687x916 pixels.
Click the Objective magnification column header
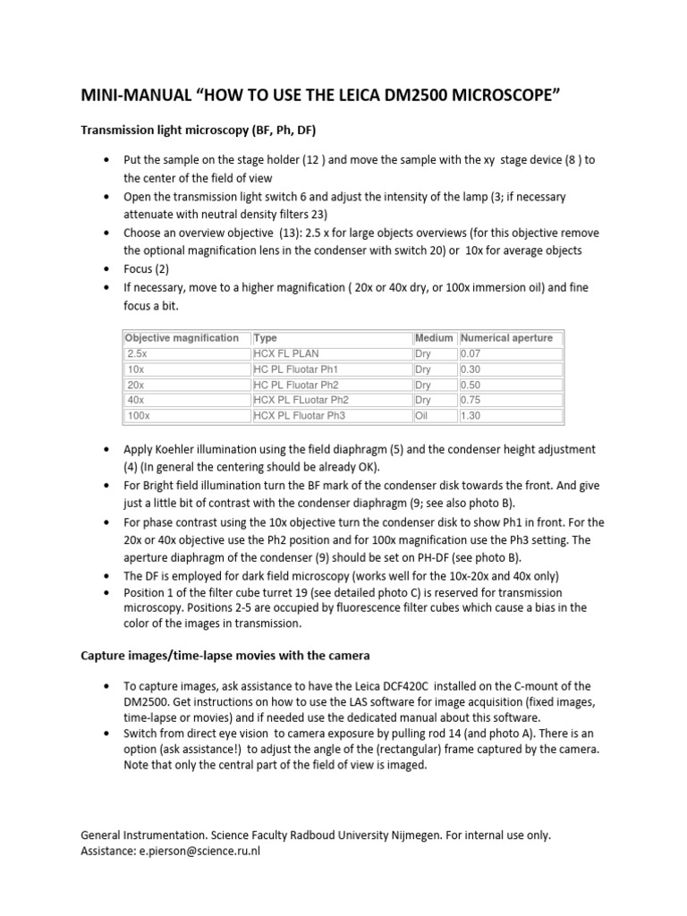click(x=182, y=338)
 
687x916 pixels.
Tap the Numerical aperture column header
click(x=506, y=338)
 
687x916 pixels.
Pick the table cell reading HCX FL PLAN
click(x=286, y=353)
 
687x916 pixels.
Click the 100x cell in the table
click(x=138, y=416)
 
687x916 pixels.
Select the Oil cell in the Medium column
click(x=422, y=416)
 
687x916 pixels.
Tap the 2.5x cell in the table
click(x=136, y=353)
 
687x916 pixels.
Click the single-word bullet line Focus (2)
click(x=147, y=267)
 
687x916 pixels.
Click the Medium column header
click(x=433, y=338)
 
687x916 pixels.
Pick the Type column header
click(x=266, y=338)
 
